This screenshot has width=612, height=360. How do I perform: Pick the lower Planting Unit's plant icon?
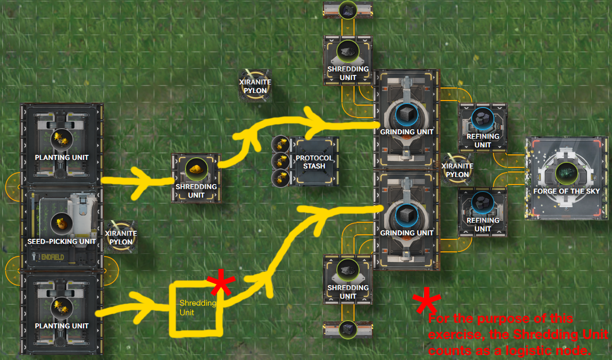click(x=61, y=307)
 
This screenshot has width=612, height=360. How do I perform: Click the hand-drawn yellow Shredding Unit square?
click(x=196, y=309)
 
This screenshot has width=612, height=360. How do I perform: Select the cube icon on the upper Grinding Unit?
click(x=406, y=115)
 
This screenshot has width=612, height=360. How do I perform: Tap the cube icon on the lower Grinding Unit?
click(x=406, y=216)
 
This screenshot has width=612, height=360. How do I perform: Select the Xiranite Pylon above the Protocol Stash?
click(x=255, y=84)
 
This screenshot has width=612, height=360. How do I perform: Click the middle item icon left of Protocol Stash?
click(x=280, y=161)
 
